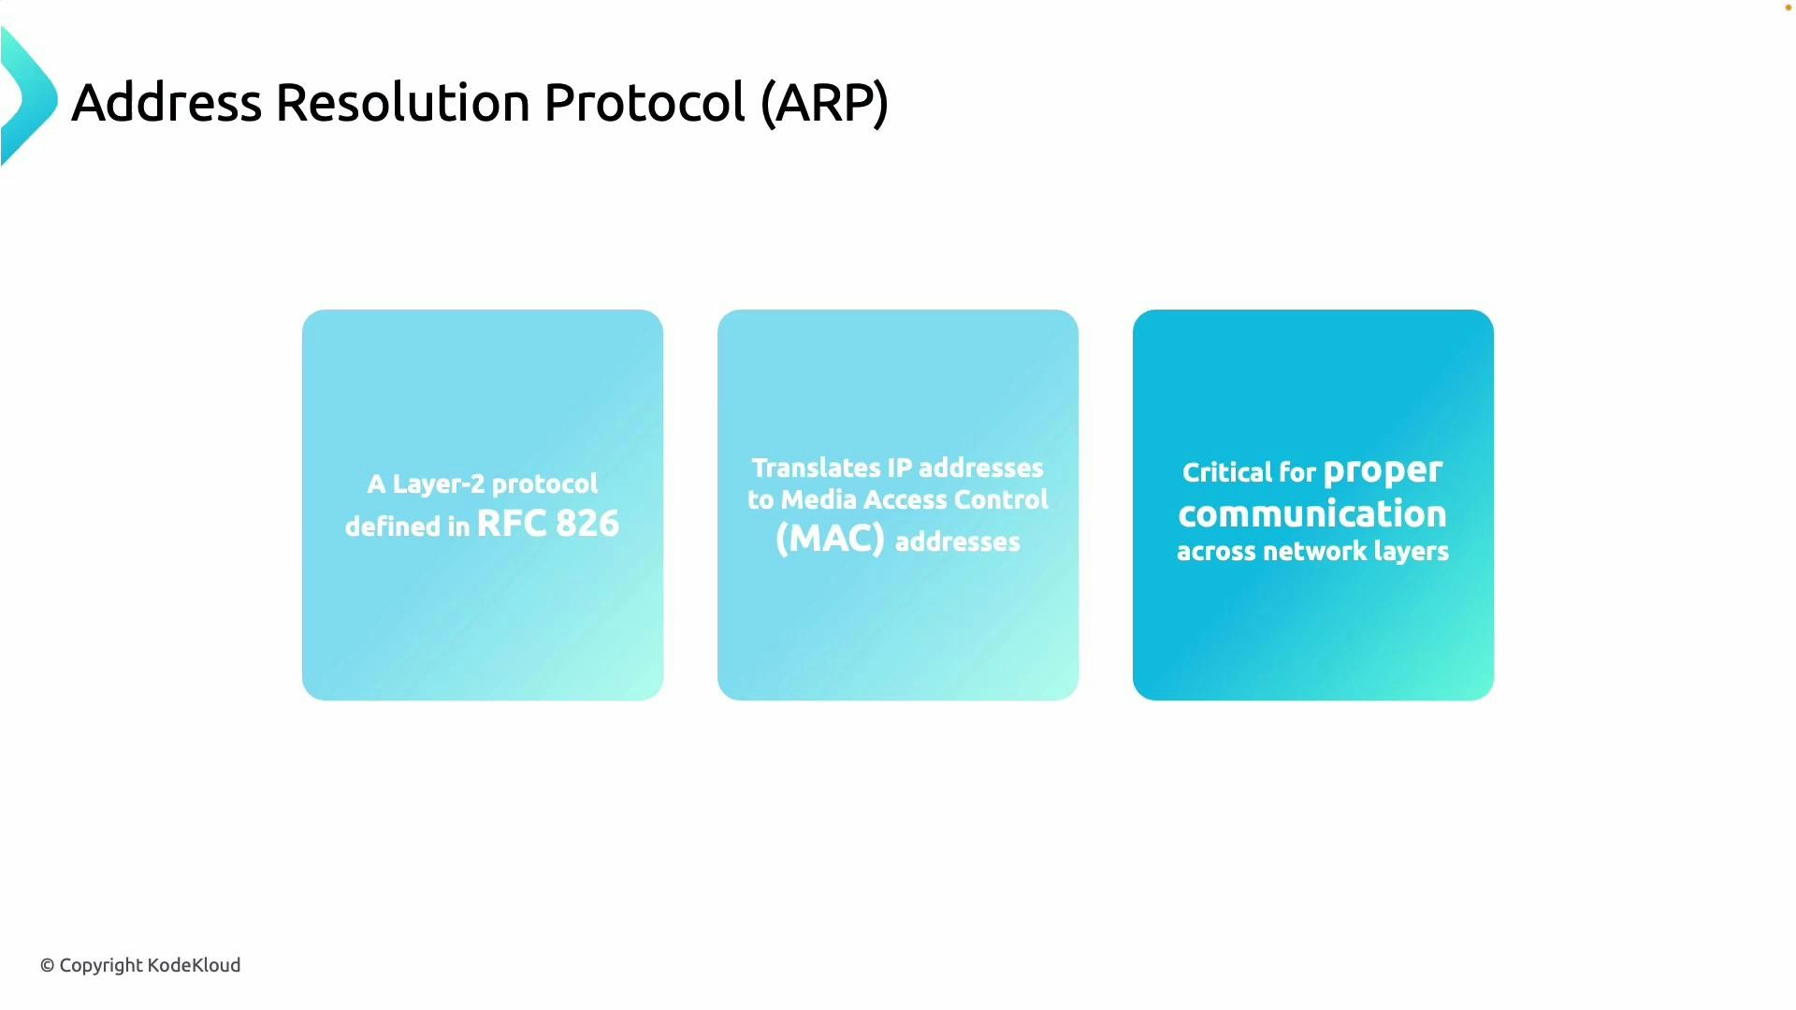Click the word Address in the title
tap(167, 102)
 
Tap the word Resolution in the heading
tap(402, 102)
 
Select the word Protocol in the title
tap(644, 102)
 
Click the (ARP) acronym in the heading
tap(824, 102)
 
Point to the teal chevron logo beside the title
tap(28, 97)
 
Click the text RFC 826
tap(547, 524)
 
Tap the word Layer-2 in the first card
tap(438, 484)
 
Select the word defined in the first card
tap(393, 527)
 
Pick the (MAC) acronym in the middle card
tap(830, 540)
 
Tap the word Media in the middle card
tap(818, 500)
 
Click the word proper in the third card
tap(1383, 470)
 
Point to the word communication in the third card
tap(1312, 514)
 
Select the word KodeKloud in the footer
tap(195, 965)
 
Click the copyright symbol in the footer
tap(47, 966)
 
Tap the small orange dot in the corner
tap(1788, 7)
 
